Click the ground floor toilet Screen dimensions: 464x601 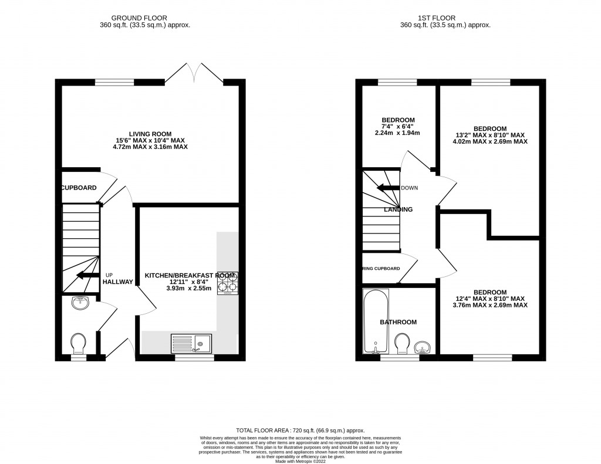(x=78, y=342)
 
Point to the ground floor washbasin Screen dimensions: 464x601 (x=79, y=303)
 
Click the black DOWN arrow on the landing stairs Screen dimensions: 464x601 (x=387, y=188)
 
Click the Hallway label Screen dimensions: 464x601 (x=117, y=282)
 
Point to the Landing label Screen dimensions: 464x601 (x=398, y=209)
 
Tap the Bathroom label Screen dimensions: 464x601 (x=398, y=322)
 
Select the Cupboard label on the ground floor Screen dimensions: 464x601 (x=78, y=188)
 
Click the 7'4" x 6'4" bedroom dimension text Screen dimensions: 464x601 (x=398, y=126)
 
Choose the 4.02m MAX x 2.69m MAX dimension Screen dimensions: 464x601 (x=490, y=141)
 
